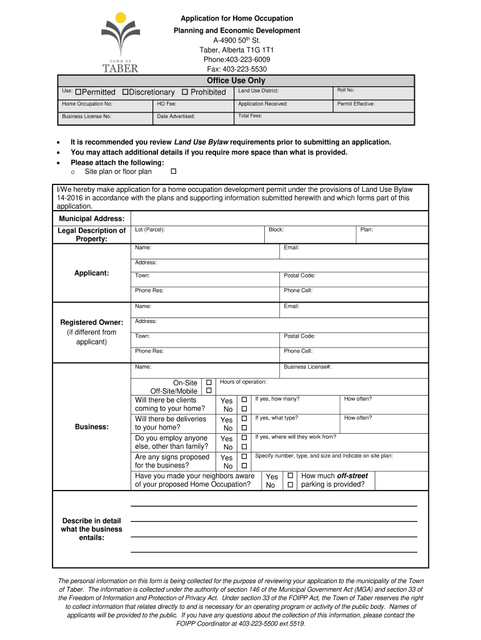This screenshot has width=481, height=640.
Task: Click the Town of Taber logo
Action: pos(120,42)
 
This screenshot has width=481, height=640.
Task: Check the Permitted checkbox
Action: pos(78,92)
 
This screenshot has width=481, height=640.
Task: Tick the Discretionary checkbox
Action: pos(125,92)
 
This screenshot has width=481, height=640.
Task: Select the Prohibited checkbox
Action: pos(185,92)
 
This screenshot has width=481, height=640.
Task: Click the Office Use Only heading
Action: pos(236,81)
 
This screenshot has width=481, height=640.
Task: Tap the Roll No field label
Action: pos(346,91)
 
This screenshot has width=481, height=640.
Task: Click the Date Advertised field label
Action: pos(176,116)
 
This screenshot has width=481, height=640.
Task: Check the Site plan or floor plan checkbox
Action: pos(174,171)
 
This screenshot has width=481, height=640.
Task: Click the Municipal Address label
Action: pos(92,219)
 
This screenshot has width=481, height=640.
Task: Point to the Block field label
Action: pos(276,230)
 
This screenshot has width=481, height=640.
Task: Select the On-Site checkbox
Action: pos(209,382)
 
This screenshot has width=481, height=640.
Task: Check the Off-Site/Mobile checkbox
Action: pos(209,391)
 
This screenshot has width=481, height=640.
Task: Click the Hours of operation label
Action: pos(243,382)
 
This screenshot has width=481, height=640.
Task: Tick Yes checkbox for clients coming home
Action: pos(244,400)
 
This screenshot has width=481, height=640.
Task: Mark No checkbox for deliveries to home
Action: pos(244,428)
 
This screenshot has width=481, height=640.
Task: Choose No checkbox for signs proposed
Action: pos(244,466)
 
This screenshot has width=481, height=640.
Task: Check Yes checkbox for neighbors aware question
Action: pos(290,476)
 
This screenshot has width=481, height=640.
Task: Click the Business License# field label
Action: pos(307,367)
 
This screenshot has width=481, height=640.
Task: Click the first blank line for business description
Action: pos(273,506)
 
